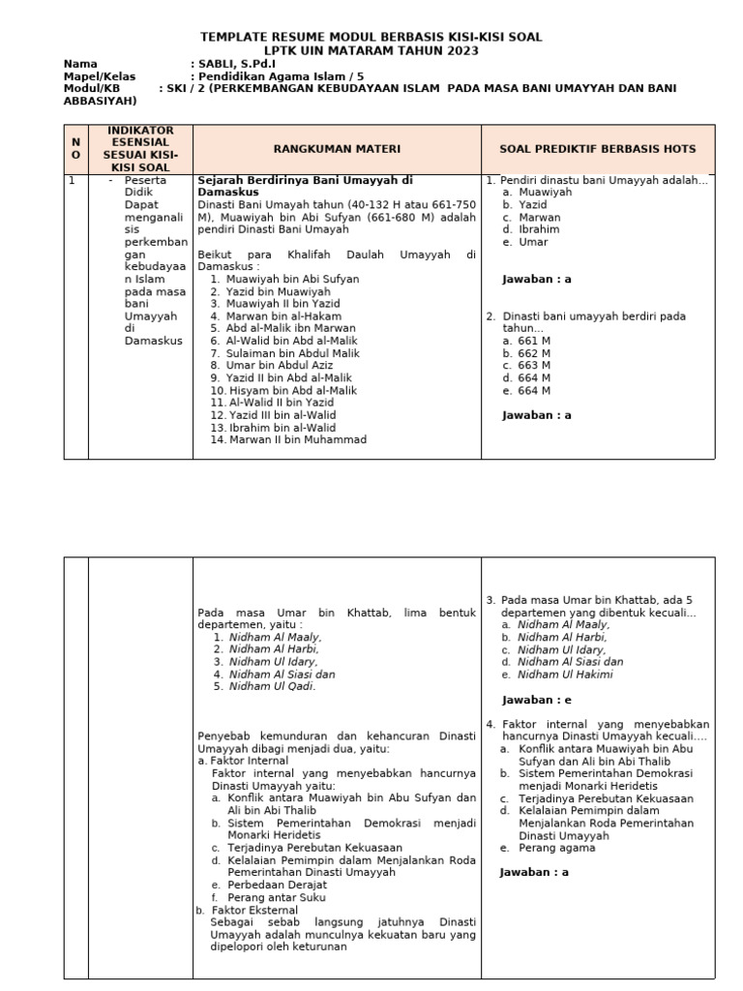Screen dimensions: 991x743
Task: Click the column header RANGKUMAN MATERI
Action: click(336, 149)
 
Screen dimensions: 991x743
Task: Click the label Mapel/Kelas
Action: click(100, 75)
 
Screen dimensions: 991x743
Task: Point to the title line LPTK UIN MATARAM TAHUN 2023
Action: click(371, 50)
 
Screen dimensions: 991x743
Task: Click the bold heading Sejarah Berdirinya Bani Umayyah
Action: click(305, 180)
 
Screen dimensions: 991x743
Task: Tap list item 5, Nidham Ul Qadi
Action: click(272, 686)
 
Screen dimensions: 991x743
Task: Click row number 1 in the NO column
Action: click(73, 181)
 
